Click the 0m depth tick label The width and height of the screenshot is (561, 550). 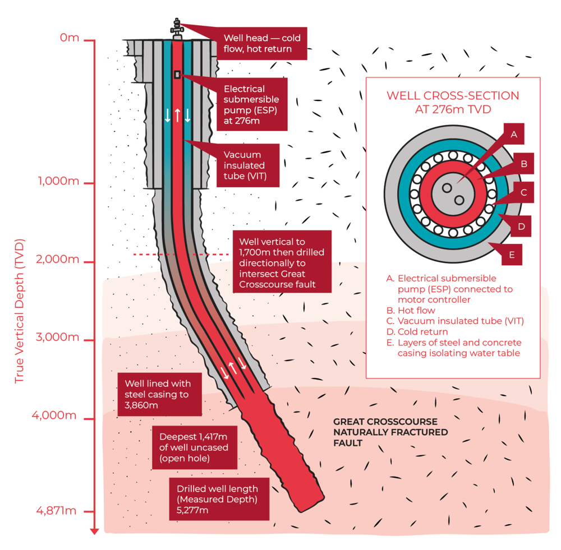[x=70, y=38]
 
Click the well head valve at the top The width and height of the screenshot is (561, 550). [x=177, y=28]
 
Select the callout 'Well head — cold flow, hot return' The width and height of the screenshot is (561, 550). [x=262, y=44]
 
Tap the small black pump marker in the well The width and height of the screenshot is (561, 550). [x=177, y=75]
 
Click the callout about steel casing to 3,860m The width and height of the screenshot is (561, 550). [x=159, y=394]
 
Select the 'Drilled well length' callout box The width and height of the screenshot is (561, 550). [x=219, y=499]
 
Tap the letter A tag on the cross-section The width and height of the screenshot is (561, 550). [x=513, y=135]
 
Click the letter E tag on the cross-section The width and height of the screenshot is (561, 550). [x=511, y=255]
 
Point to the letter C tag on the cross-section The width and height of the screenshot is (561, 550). [x=523, y=193]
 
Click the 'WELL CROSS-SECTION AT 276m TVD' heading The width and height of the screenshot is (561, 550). [x=452, y=102]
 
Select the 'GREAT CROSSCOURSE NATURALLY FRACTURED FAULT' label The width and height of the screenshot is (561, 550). [x=390, y=432]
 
